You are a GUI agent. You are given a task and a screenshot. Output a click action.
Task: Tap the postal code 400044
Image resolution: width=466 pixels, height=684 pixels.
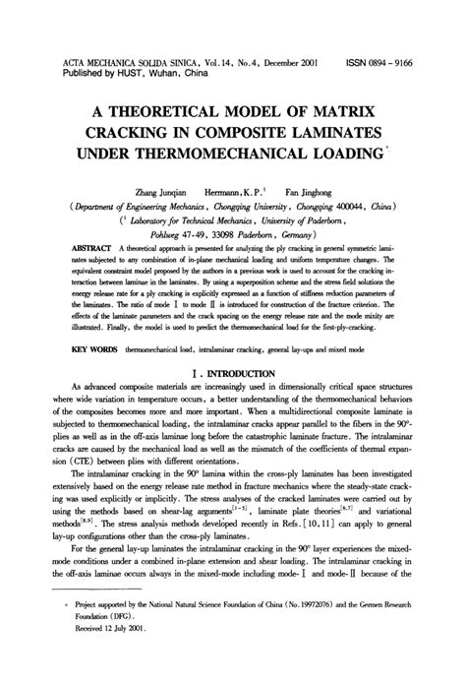click(x=341, y=210)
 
